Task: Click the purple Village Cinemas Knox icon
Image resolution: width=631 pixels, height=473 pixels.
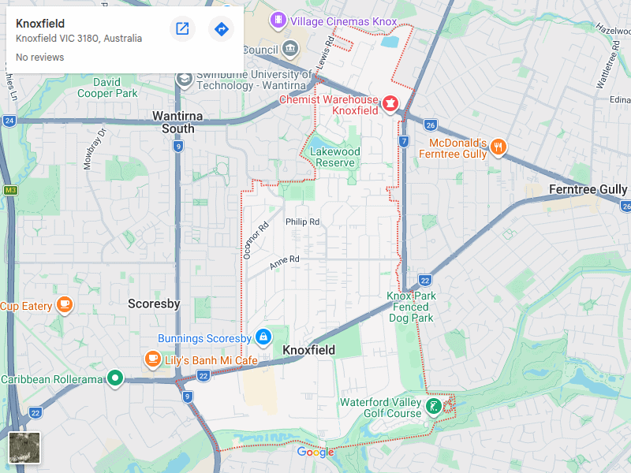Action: (278, 20)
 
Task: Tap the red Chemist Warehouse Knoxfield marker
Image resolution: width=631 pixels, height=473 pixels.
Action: (390, 104)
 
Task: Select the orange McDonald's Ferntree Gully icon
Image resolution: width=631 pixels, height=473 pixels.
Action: (498, 147)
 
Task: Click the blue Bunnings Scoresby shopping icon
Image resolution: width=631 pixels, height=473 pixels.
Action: (263, 336)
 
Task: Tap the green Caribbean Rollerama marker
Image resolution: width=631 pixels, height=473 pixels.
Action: (115, 379)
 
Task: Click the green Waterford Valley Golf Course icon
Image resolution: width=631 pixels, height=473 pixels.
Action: (433, 407)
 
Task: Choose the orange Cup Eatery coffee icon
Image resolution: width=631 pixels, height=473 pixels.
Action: (65, 305)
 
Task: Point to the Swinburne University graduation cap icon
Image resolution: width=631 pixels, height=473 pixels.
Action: (185, 79)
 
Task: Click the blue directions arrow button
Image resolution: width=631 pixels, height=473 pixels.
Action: (221, 29)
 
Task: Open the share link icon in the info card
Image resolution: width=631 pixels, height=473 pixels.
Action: (182, 29)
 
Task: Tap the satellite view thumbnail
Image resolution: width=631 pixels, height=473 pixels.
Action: (24, 448)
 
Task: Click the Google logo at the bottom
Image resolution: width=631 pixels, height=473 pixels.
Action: (315, 453)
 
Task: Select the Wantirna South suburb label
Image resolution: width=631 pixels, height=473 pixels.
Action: (177, 122)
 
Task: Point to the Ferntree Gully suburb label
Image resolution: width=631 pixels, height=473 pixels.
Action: (588, 190)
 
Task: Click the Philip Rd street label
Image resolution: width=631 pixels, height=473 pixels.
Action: (302, 222)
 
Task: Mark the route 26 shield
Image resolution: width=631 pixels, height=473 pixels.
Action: (430, 125)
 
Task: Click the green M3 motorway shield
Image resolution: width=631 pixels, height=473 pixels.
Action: (10, 190)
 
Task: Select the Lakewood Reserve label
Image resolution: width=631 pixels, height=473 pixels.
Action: (335, 157)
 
